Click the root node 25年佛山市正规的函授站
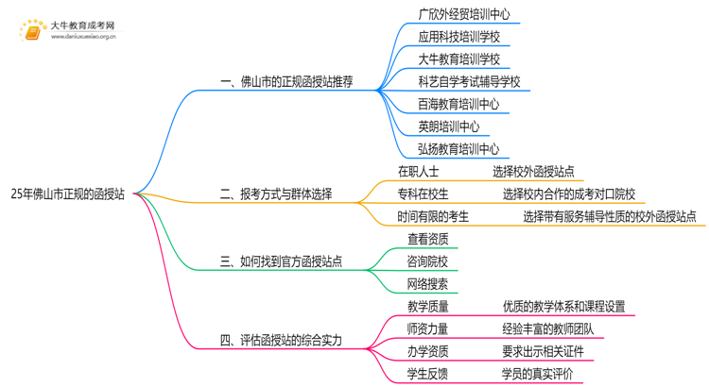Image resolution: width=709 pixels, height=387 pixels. pyautogui.click(x=67, y=195)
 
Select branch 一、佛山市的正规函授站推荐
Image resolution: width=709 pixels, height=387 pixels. pyautogui.click(x=285, y=82)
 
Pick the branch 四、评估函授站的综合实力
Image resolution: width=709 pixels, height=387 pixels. pyautogui.click(x=281, y=340)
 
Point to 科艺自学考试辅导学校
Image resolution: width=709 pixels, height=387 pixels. pyautogui.click(x=469, y=82)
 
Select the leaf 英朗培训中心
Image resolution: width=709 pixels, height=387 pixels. pyautogui.click(x=448, y=126)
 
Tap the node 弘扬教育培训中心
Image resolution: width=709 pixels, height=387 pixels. pyautogui.click(x=458, y=149)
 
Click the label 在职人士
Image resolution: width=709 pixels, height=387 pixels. pyautogui.click(x=419, y=172)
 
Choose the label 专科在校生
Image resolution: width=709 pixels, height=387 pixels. pyautogui.click(x=424, y=194)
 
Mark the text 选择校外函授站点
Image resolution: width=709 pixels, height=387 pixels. pyautogui.click(x=533, y=172)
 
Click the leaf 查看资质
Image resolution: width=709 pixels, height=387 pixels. pyautogui.click(x=428, y=240)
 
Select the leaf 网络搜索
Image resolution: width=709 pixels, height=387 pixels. pyautogui.click(x=428, y=283)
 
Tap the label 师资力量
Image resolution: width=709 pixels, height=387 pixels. pyautogui.click(x=428, y=329)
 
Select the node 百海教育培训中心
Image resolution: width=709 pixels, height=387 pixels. pyautogui.click(x=458, y=105)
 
